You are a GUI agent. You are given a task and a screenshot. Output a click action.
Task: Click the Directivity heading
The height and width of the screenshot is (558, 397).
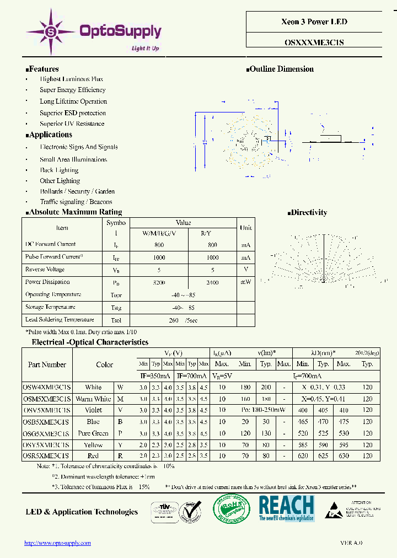coord(308,212)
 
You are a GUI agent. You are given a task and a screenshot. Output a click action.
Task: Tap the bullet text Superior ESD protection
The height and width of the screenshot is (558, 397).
coord(72,113)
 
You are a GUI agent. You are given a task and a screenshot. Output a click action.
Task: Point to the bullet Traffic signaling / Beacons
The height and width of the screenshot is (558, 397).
coord(76,202)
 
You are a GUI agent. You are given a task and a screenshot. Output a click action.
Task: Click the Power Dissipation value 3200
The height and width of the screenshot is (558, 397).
coord(158,282)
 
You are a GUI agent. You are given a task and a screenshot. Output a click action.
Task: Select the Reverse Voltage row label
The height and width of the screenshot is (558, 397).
coord(45,270)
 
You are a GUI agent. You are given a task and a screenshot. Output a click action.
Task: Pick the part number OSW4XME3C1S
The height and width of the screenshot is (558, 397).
coord(47,387)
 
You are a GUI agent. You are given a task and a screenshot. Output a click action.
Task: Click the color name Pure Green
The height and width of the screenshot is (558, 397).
coord(93,433)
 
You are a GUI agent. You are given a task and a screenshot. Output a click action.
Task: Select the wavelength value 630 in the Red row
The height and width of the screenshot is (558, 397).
coord(343,455)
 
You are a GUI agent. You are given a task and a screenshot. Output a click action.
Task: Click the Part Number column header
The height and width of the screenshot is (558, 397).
coord(47,364)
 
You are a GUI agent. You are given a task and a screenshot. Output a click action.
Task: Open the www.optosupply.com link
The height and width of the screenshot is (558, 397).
coord(57,543)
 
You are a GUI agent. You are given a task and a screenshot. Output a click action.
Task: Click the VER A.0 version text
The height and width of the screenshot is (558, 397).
coord(351,543)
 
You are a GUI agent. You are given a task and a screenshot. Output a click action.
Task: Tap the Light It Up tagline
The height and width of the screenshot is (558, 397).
coord(145,49)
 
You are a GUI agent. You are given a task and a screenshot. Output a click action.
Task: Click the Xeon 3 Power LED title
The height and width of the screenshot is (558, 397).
coord(314,22)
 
